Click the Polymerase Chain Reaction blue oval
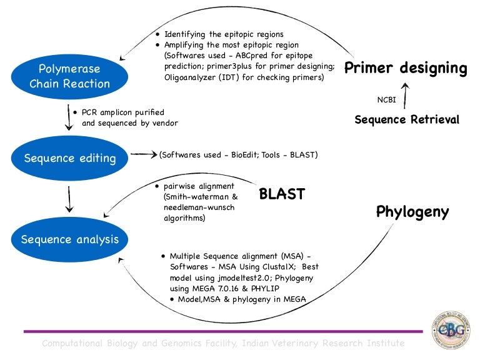[69, 76]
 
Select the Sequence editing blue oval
[70, 158]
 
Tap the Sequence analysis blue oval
[70, 239]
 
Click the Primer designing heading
[406, 68]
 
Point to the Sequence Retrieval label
[407, 119]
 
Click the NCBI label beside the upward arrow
[386, 99]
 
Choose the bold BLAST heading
[282, 194]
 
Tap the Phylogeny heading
[412, 212]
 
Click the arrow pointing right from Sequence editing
[143, 154]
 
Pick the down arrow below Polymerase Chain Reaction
[67, 117]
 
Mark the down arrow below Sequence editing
[69, 199]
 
